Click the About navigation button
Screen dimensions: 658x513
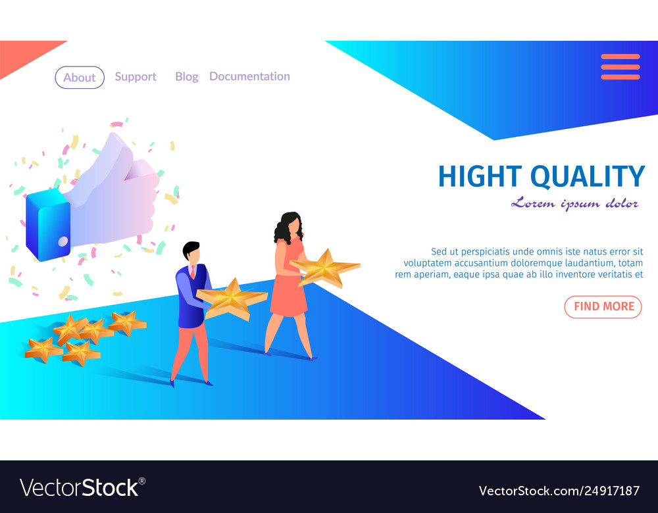tap(80, 78)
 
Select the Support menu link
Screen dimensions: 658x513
tap(136, 77)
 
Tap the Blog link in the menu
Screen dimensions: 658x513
tap(187, 77)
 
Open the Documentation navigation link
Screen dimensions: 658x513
tap(249, 76)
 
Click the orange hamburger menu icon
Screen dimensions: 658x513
tap(620, 66)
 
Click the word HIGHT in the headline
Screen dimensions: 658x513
tap(480, 176)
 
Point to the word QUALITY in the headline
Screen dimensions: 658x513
tap(588, 177)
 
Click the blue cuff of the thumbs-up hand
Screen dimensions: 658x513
tap(48, 225)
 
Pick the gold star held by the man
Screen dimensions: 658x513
tap(232, 298)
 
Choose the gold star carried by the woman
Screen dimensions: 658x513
tap(325, 268)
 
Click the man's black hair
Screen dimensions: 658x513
tap(191, 249)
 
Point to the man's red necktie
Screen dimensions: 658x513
tap(193, 272)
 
